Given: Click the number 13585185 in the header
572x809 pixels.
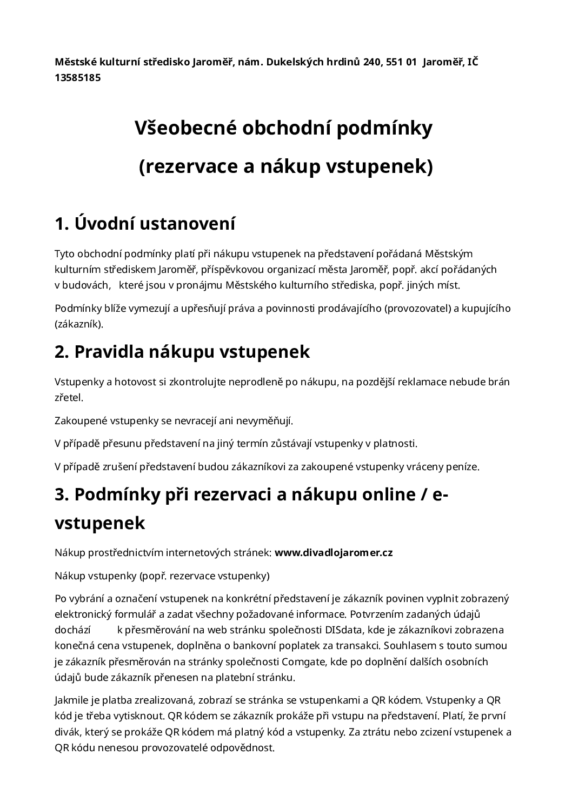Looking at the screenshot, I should [77, 77].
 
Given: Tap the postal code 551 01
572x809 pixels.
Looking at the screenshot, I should [402, 62].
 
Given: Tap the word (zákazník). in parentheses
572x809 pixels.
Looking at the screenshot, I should [78, 324].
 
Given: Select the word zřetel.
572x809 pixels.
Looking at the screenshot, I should [69, 398].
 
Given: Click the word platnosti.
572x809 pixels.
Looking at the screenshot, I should [395, 444].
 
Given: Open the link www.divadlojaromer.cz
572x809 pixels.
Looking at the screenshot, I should [334, 552].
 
